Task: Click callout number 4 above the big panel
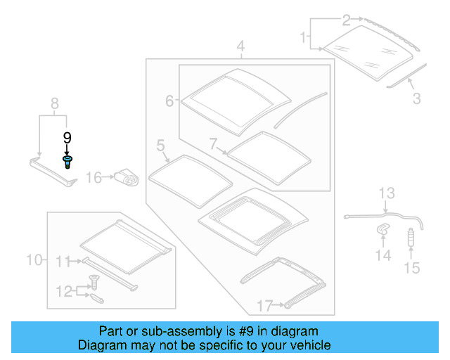pos(240,48)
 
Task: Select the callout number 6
pos(169,101)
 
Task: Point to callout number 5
pos(160,146)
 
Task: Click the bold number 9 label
pos(67,138)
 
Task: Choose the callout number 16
pos(94,178)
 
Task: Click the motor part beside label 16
pos(127,177)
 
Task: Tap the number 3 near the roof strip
pos(417,99)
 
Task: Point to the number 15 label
pos(411,267)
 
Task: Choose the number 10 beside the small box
pos(34,260)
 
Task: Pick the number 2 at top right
pos(346,19)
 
